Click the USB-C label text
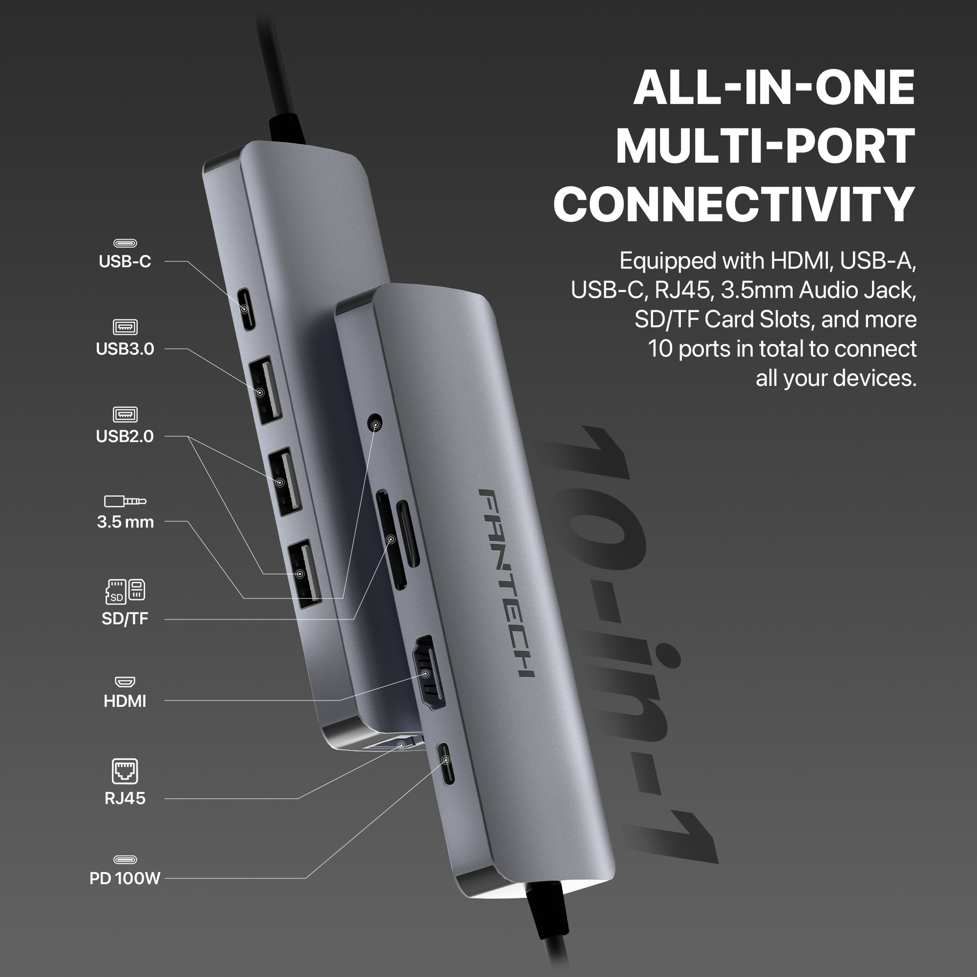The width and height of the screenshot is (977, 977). (x=125, y=262)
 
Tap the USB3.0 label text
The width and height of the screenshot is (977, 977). (x=125, y=349)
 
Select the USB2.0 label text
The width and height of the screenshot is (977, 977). (x=125, y=436)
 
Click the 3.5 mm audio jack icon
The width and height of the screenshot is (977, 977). (x=125, y=501)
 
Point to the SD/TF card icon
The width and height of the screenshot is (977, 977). (x=125, y=591)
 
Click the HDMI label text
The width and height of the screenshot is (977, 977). (x=125, y=701)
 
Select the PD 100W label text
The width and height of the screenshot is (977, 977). (x=125, y=879)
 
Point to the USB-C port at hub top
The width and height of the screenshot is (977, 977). (x=247, y=309)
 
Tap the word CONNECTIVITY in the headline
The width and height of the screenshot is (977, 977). (x=735, y=205)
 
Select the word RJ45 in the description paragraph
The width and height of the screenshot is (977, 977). (x=684, y=291)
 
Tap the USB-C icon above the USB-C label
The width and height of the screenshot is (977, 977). (x=125, y=243)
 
